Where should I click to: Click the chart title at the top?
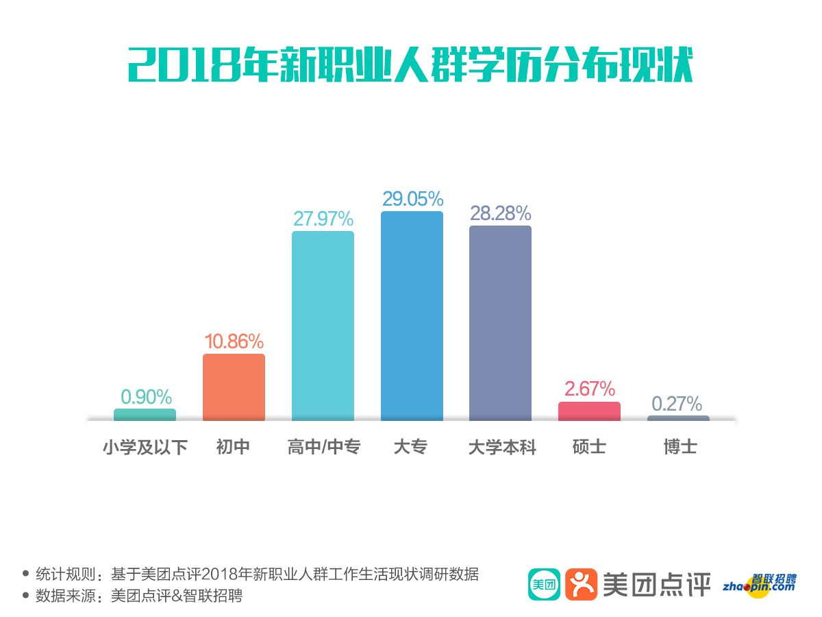point(411,65)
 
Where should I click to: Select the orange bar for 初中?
point(234,387)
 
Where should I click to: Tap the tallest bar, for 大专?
point(412,315)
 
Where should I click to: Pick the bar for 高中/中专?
point(323,326)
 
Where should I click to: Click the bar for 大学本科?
point(500,322)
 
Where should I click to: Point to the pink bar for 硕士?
point(589,411)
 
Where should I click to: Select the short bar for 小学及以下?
point(145,414)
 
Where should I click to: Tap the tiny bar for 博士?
point(678,418)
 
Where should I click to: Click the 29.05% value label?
point(412,199)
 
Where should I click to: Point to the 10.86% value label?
point(234,341)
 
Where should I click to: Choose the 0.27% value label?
point(677,403)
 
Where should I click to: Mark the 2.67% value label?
point(589,389)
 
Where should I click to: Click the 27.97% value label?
point(323,219)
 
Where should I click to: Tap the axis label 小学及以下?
point(145,448)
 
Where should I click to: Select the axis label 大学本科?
point(501,448)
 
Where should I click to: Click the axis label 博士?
point(680,448)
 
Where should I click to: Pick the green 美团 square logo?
point(544,584)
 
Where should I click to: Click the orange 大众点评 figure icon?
point(581,584)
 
